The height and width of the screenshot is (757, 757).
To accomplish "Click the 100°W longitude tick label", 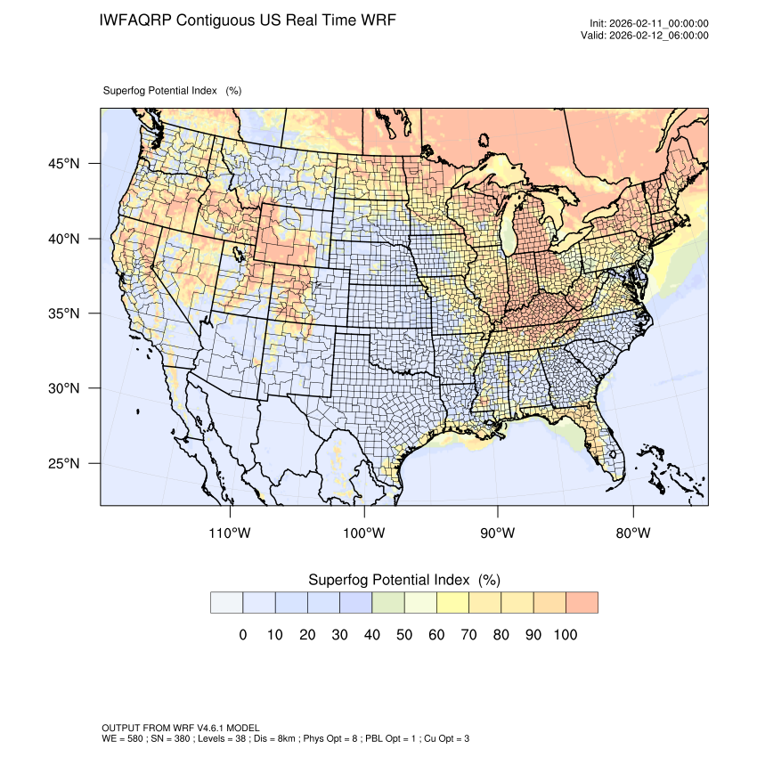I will point(364,533).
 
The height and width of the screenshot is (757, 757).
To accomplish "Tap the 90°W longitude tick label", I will point(498,533).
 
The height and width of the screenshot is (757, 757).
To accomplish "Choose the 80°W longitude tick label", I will point(632,533).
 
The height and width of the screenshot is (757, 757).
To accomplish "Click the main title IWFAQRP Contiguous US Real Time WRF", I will point(248,20).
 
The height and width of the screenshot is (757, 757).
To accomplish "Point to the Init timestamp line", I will point(649,24).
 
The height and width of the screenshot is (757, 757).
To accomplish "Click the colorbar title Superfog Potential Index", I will point(403,580).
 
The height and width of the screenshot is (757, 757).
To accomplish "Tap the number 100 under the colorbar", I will point(566,635).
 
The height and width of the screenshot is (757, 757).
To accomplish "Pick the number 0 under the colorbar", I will point(242,635).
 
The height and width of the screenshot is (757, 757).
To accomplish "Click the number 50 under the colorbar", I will point(404,635).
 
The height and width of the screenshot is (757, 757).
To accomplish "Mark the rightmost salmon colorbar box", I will point(582,603).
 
